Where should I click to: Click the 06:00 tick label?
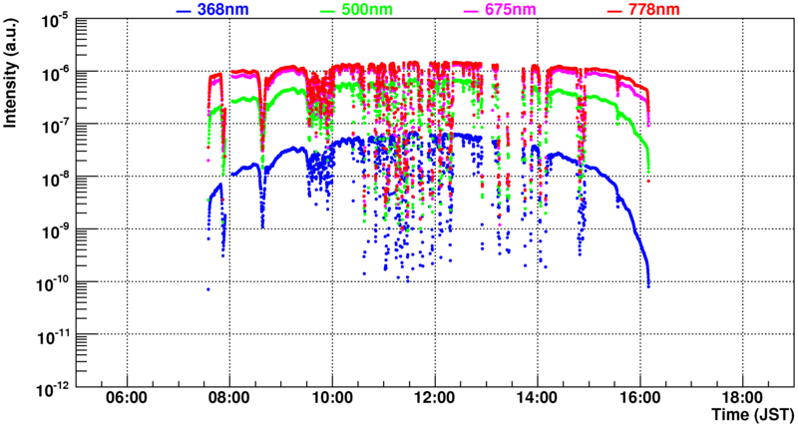point(128,397)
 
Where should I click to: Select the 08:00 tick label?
point(230,397)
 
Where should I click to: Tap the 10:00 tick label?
point(333,397)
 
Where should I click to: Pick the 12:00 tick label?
point(436,397)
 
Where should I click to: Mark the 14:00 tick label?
point(539,397)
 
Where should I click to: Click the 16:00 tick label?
point(641,397)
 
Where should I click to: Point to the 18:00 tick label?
point(744,397)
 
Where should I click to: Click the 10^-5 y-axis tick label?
point(54,19)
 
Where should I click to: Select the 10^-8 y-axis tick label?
point(54,177)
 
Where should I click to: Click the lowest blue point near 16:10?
point(648,286)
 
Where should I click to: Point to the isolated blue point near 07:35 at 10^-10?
point(208,288)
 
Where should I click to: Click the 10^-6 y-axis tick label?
point(54,72)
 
